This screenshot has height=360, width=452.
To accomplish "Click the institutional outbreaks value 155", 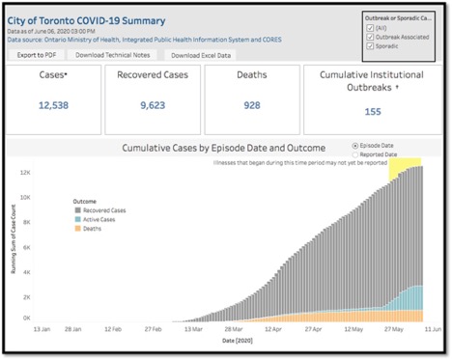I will (x=372, y=110).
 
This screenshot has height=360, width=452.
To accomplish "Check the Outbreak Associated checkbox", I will (x=372, y=39).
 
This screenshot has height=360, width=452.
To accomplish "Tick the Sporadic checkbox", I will (x=372, y=46).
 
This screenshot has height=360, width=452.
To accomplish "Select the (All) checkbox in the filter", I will (x=372, y=30).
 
